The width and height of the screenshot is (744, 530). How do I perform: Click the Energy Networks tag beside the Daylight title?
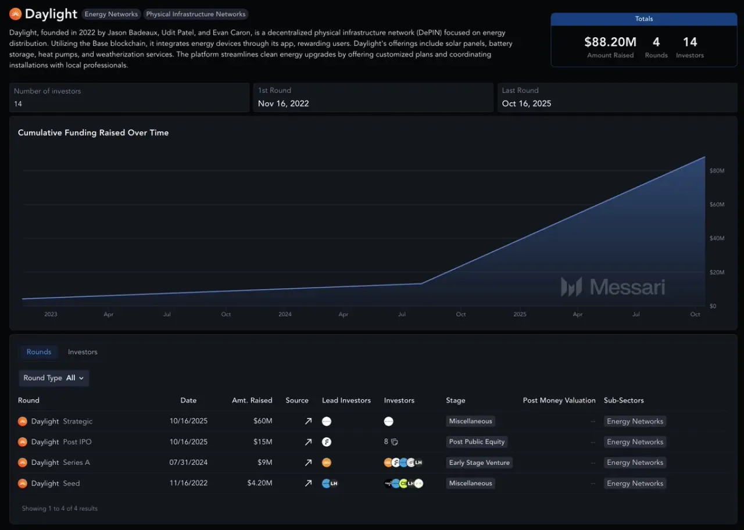click(x=111, y=14)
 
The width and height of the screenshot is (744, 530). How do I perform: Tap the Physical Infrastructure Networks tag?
click(x=196, y=14)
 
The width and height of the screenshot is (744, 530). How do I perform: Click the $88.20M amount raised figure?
click(x=610, y=42)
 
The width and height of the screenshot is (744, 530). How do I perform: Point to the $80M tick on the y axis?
click(x=717, y=171)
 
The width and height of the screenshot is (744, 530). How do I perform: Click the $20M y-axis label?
click(x=717, y=273)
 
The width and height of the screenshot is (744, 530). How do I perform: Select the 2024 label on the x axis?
click(x=285, y=314)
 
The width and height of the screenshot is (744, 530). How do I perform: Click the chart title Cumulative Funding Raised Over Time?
click(x=94, y=132)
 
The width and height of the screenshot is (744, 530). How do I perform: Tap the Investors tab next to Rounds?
click(x=83, y=352)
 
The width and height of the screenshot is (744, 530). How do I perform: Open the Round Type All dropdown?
click(x=54, y=378)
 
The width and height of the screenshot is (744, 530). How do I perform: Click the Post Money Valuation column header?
click(x=559, y=400)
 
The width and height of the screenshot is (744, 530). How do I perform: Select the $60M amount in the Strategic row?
click(x=263, y=421)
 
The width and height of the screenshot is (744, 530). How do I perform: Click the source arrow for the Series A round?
click(x=308, y=462)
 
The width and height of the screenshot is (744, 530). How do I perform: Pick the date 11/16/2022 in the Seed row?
click(x=188, y=483)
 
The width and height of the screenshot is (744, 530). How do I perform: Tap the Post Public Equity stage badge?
click(x=477, y=442)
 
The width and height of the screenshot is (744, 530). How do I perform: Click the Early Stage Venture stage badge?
click(x=480, y=462)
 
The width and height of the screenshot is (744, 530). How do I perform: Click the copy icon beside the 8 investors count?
click(x=394, y=442)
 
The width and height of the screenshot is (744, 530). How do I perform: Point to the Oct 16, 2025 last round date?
click(x=527, y=103)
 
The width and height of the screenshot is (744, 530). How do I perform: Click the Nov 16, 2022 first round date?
click(x=283, y=103)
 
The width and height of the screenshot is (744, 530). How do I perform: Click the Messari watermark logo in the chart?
click(x=613, y=287)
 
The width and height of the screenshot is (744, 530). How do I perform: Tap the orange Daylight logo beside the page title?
click(x=15, y=14)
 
